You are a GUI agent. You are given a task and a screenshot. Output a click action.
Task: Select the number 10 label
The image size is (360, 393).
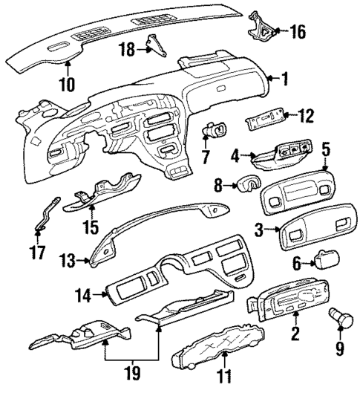coord(67,84)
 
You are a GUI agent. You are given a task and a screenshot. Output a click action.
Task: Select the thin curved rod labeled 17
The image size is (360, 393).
coord(43,215)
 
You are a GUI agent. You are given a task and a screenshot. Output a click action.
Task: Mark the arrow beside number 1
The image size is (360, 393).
coord(272,77)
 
